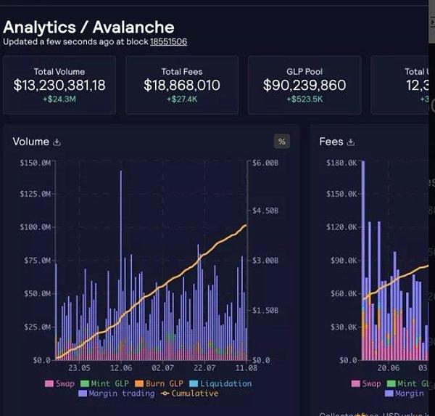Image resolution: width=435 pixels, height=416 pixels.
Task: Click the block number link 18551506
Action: pos(168,42)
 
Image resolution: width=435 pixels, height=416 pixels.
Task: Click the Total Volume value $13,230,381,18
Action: pos(59,86)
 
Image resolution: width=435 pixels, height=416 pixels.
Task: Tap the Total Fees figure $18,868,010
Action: pos(181,86)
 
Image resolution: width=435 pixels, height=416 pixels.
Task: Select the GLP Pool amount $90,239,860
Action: pos(304,86)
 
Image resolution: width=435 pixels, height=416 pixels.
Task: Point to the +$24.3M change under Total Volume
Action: pos(59,99)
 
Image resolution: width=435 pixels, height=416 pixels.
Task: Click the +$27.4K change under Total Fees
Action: pos(181,99)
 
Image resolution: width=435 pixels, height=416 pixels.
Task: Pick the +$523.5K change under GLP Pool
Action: pos(304,99)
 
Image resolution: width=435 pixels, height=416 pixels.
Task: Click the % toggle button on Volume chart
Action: pos(282,142)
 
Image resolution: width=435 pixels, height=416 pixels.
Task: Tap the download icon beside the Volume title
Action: pos(57,142)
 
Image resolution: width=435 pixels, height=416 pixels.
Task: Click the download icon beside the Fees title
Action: pos(351,142)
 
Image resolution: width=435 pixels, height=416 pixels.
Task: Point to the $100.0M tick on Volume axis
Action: pos(35,227)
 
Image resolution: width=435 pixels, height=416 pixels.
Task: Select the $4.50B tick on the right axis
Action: pos(266,211)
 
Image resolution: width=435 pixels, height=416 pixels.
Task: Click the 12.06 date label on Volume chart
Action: pos(121,369)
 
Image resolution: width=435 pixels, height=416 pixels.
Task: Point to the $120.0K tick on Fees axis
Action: pos(343,227)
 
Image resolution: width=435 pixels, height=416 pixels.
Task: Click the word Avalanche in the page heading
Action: pos(133,28)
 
